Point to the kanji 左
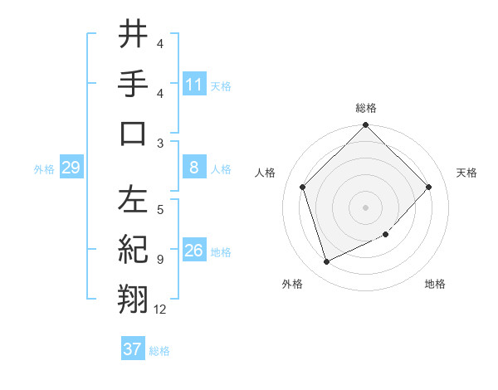coord(133,200)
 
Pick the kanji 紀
coord(133,249)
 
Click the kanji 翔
coord(133,298)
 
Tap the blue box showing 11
coord(194,84)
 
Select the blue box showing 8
coord(194,168)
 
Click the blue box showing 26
coord(194,251)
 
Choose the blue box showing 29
coord(71,168)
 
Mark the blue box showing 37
coord(133,349)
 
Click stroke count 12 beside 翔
coord(160,310)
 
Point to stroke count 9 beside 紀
coord(160,260)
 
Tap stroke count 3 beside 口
coord(160,143)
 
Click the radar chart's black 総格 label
coord(366,108)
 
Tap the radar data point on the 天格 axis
coord(429,187)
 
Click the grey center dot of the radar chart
coord(366,207)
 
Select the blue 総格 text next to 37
coord(159,351)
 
